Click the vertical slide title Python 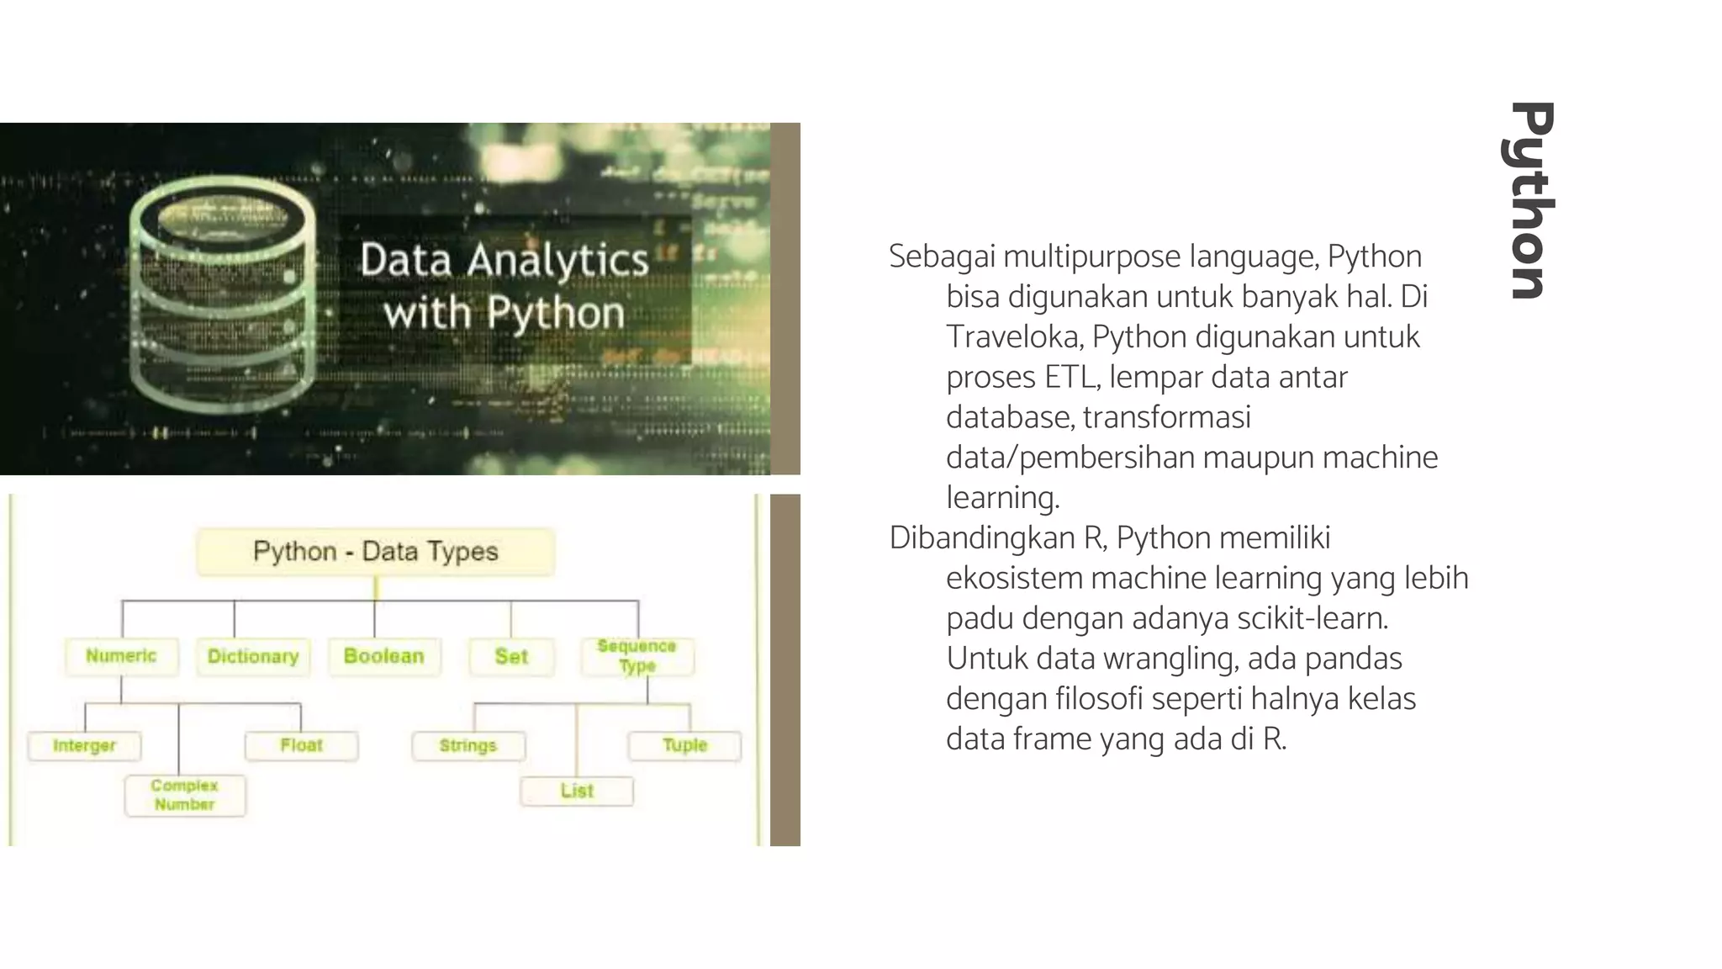point(1529,200)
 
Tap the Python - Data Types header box point(375,552)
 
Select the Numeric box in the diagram point(121,656)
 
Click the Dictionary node point(253,657)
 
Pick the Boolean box point(383,656)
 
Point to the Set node point(511,657)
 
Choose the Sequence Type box point(637,656)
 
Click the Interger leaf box point(84,746)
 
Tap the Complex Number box point(185,795)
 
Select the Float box point(301,746)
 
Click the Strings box point(468,746)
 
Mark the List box point(577,791)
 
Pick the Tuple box point(684,745)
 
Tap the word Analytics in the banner point(558,260)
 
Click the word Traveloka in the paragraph point(1014,337)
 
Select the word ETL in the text point(1071,378)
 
